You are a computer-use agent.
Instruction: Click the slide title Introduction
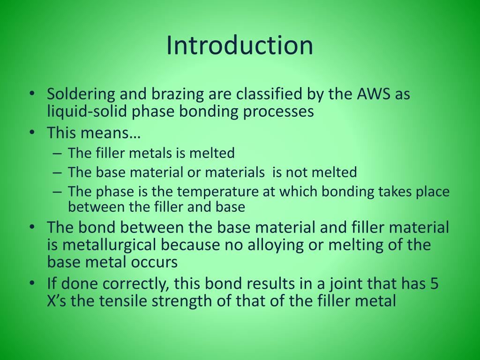[240, 45]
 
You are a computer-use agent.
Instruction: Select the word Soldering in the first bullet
[74, 94]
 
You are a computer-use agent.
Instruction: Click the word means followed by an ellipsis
[111, 133]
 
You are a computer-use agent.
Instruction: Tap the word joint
[345, 284]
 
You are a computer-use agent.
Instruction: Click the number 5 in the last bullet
[434, 284]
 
